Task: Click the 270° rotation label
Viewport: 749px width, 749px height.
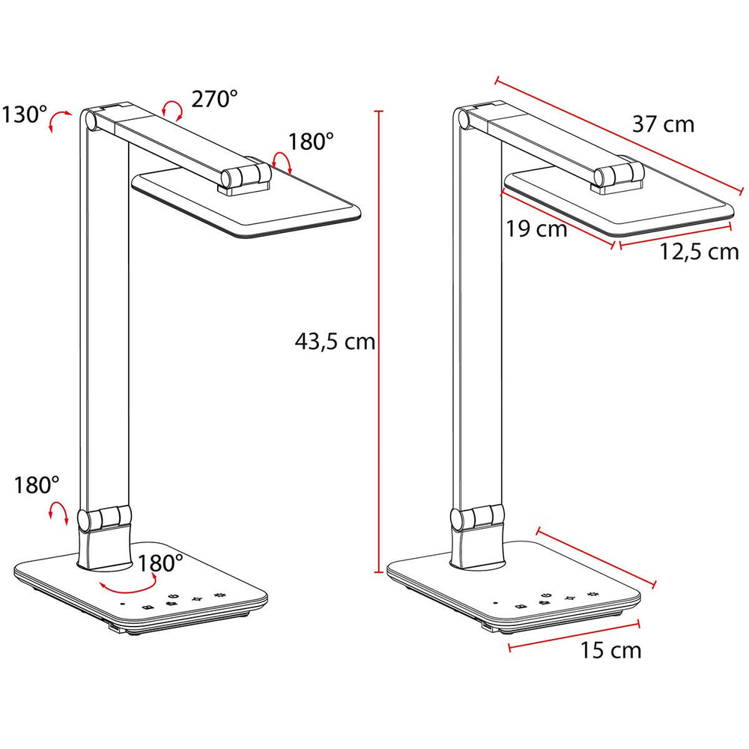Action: [x=214, y=99]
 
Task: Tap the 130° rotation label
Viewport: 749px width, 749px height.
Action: [x=25, y=115]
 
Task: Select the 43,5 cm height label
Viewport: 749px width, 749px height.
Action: [x=334, y=342]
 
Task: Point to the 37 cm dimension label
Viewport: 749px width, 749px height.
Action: [x=663, y=124]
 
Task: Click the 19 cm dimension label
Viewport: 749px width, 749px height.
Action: [x=536, y=228]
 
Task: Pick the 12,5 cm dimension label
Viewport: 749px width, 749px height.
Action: [x=700, y=251]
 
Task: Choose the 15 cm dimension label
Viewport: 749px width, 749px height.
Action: [x=610, y=650]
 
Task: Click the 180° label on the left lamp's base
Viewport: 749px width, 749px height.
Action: [x=160, y=564]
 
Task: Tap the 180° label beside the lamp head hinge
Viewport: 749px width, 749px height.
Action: [x=311, y=142]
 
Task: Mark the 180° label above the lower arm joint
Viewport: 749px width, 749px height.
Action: [x=37, y=485]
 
